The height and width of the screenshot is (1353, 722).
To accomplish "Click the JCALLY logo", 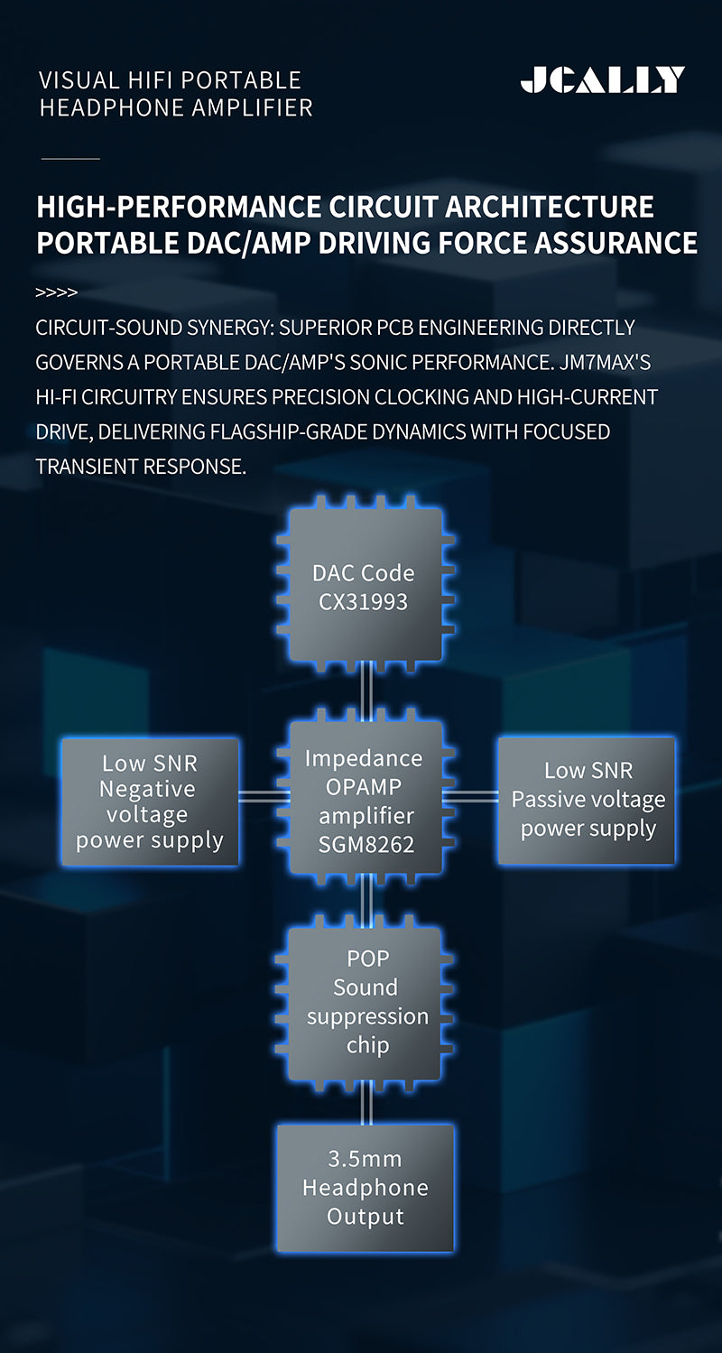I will [x=603, y=80].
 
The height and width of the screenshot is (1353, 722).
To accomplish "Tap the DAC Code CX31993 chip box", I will [x=365, y=584].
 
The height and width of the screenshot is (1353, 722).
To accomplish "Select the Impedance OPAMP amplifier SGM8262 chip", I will [x=365, y=800].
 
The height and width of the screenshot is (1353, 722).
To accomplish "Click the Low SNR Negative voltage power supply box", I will [x=150, y=802].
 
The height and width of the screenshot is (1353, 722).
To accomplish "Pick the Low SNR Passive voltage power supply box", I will [x=587, y=801].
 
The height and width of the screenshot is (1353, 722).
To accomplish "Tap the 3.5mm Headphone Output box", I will [x=365, y=1187].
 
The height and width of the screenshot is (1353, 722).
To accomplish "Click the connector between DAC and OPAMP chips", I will [x=366, y=691].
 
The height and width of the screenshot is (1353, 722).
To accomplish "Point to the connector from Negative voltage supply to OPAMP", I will [x=264, y=796].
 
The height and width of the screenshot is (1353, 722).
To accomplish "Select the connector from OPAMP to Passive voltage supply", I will [x=470, y=796].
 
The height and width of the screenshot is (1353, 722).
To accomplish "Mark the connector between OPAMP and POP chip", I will [x=366, y=900].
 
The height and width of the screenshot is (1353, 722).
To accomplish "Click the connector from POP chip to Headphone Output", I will [x=366, y=1103].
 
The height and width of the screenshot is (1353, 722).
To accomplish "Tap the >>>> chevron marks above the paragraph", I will [x=56, y=293].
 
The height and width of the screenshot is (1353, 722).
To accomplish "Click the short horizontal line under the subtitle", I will [x=70, y=159].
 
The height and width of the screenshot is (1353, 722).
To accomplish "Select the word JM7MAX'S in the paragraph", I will [x=605, y=362].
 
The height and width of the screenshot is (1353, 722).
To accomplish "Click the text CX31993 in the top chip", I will [x=363, y=601].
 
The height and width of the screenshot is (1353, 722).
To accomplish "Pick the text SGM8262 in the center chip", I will [x=366, y=844].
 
